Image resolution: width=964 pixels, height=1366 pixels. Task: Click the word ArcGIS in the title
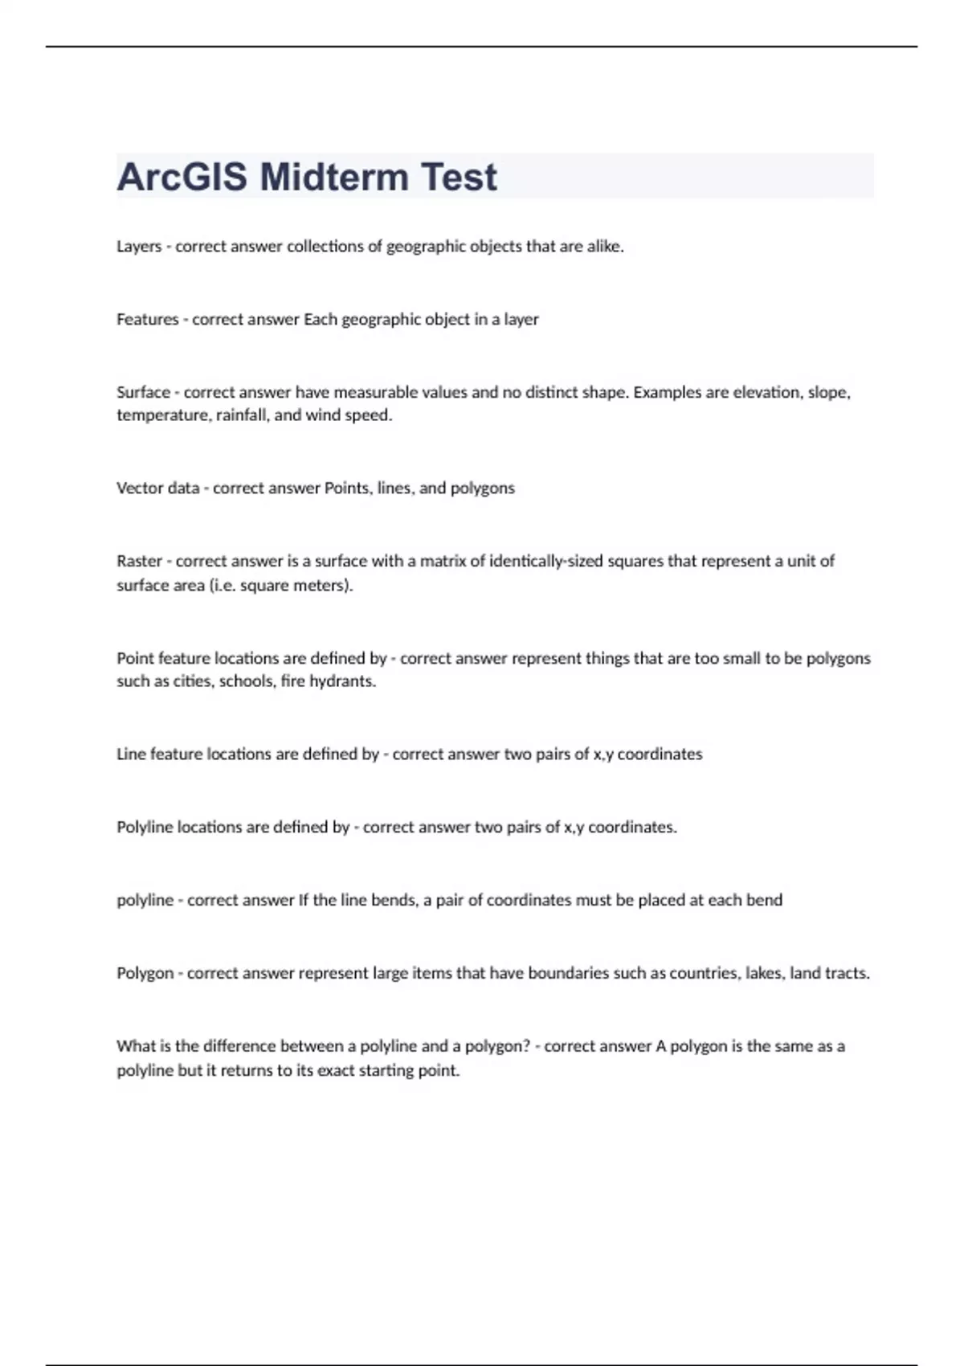182,177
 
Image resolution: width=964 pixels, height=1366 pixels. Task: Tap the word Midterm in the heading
335,177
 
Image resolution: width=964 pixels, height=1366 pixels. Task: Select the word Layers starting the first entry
139,247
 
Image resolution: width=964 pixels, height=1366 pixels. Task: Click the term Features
148,320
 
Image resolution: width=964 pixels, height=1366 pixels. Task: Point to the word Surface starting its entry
144,393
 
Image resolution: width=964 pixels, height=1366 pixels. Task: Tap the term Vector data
157,489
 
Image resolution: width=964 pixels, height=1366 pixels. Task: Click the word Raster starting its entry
140,561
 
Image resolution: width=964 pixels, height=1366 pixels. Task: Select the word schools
246,681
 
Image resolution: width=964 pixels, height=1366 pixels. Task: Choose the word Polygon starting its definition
145,974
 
